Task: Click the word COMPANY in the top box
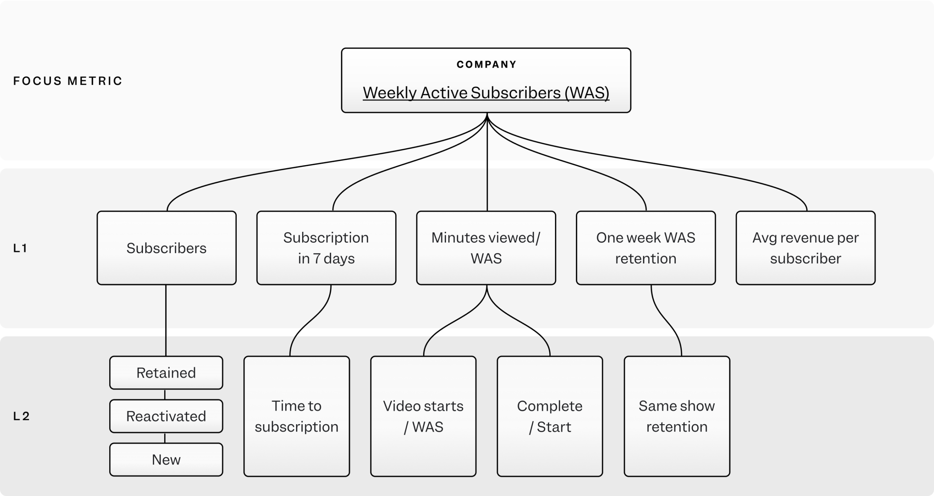click(x=486, y=65)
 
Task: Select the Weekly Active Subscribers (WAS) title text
click(x=486, y=93)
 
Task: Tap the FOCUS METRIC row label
click(x=68, y=81)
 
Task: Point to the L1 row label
click(x=20, y=248)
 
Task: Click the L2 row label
click(x=22, y=416)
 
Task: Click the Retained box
click(x=166, y=373)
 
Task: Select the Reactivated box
click(x=166, y=416)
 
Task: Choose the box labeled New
click(x=166, y=459)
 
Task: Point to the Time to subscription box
click(x=297, y=416)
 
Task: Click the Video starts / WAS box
click(x=423, y=416)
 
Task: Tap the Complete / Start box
click(x=550, y=416)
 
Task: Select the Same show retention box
click(x=676, y=416)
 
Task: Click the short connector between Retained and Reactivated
click(x=165, y=394)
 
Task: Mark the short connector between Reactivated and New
click(x=165, y=438)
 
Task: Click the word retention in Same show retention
click(x=676, y=427)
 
